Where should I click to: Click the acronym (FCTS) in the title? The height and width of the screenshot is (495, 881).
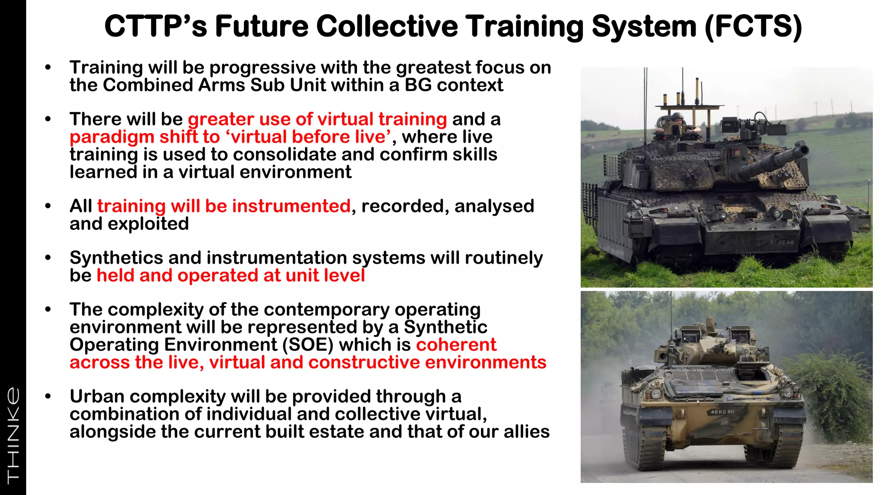tap(753, 27)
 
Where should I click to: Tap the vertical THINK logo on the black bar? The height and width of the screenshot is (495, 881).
tap(13, 434)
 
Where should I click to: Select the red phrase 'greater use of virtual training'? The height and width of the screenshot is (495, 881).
tap(317, 119)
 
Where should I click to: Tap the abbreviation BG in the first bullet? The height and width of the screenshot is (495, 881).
tap(418, 85)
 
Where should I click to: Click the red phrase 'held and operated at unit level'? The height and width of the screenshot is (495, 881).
tap(231, 275)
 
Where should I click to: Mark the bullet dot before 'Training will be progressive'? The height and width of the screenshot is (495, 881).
tap(48, 67)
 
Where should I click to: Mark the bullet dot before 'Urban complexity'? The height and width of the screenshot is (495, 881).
tap(48, 396)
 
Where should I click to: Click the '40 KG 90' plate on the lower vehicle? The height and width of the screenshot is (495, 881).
tap(722, 412)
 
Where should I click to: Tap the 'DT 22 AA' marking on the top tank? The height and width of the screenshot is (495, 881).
tap(781, 243)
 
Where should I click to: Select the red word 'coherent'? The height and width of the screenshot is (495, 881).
tap(456, 345)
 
